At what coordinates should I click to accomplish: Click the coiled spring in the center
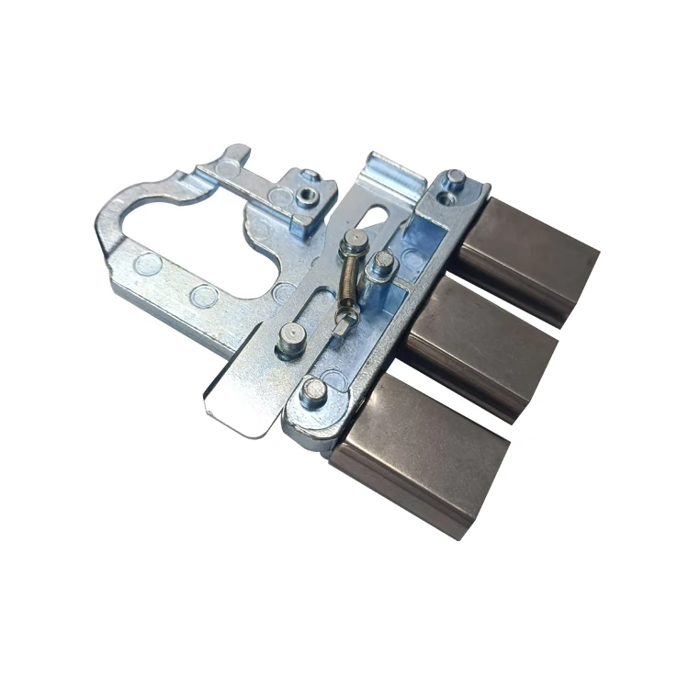pos(348,277)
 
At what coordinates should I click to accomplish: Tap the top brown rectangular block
pos(527,257)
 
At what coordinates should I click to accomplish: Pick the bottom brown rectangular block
pos(421,451)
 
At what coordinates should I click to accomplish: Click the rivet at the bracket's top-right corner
pos(455,179)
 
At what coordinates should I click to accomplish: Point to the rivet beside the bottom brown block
pos(313,391)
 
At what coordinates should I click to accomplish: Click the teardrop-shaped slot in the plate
pos(376,214)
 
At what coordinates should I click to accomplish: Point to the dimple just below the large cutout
pos(205,295)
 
